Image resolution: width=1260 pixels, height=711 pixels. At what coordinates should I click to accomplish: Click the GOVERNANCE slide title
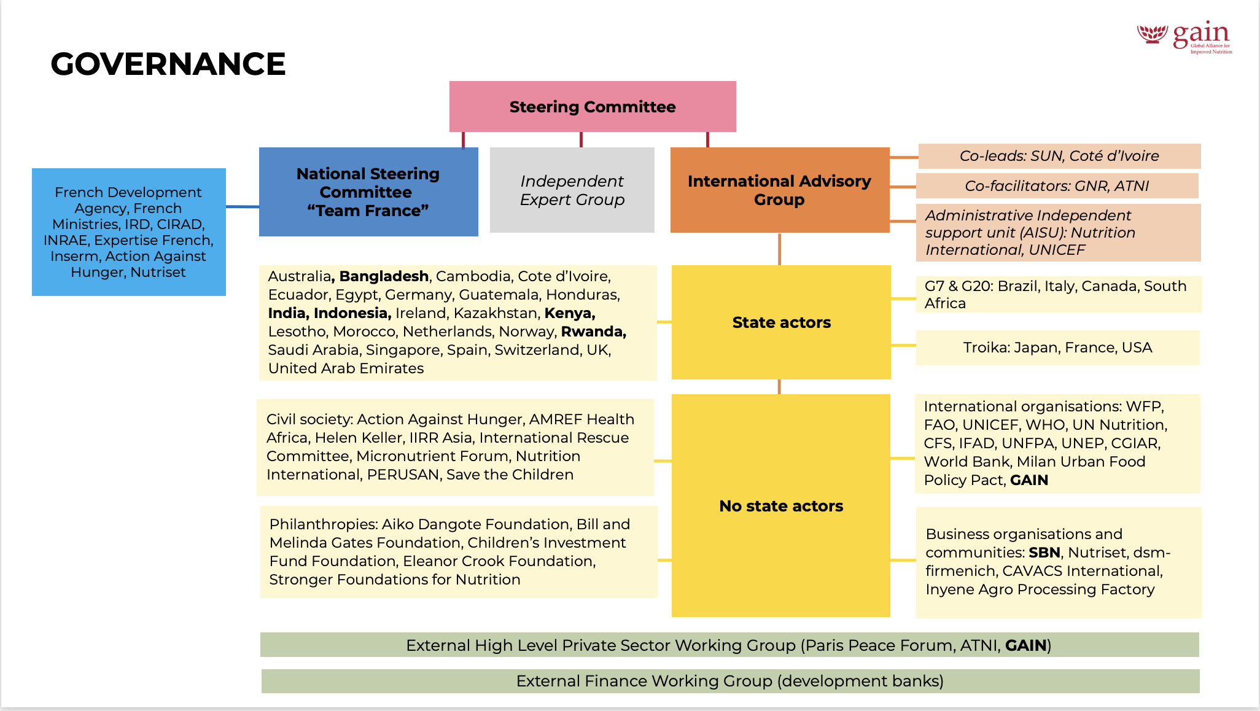point(168,64)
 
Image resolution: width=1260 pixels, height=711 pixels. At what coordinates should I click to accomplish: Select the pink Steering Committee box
point(593,107)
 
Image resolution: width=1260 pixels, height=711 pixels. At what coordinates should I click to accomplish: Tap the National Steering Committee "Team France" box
point(368,192)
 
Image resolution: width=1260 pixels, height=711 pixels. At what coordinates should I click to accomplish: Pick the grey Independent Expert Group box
point(572,190)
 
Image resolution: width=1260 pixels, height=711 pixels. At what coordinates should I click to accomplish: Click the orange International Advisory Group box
point(779,190)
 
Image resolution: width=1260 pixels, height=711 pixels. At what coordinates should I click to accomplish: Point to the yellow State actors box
point(781,322)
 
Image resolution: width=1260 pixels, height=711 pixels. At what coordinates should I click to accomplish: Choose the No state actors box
point(781,506)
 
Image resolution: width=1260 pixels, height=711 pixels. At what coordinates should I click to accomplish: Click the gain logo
point(1184,37)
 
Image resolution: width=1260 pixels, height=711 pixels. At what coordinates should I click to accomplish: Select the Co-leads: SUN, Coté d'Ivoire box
point(1059,156)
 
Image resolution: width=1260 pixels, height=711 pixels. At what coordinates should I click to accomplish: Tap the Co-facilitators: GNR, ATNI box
point(1057,186)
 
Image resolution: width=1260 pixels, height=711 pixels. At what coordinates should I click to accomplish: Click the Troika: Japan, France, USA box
point(1057,348)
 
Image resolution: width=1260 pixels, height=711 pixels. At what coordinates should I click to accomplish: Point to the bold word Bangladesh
point(384,276)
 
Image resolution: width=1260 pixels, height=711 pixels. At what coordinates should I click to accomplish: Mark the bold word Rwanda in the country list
point(593,332)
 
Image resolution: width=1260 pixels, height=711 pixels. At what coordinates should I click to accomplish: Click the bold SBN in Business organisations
point(1044,553)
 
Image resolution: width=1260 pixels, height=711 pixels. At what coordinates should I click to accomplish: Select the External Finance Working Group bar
point(730,681)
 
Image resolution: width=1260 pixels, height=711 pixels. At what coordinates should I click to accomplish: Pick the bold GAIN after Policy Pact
point(1029,480)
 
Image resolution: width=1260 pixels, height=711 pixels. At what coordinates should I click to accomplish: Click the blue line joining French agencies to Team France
point(243,207)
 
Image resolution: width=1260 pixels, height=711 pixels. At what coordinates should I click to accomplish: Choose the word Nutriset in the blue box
point(158,272)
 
